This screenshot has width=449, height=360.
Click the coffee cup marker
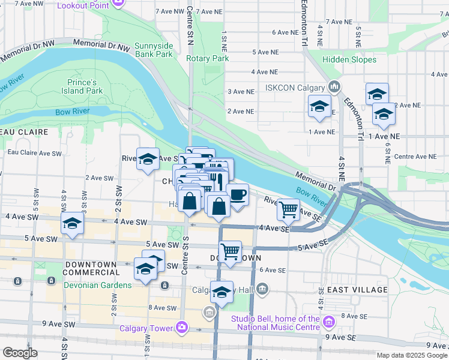(x=238, y=195)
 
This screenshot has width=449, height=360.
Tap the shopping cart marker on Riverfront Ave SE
(x=289, y=209)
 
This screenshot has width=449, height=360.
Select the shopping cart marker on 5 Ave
(x=230, y=252)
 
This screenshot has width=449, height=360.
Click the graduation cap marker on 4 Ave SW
(x=71, y=225)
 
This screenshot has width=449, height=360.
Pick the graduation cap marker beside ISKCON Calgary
(x=319, y=107)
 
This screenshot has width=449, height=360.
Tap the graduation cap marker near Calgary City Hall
(x=222, y=293)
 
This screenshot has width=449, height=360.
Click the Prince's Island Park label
(x=82, y=86)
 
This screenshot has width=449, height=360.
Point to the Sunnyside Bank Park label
(x=154, y=50)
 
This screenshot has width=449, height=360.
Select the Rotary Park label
(x=208, y=59)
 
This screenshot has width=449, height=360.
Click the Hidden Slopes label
(x=349, y=59)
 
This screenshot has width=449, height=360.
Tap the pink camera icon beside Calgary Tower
(x=181, y=327)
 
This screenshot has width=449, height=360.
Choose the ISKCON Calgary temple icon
(x=334, y=88)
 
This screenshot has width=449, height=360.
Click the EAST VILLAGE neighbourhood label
(x=358, y=290)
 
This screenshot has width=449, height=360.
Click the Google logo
(x=20, y=353)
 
